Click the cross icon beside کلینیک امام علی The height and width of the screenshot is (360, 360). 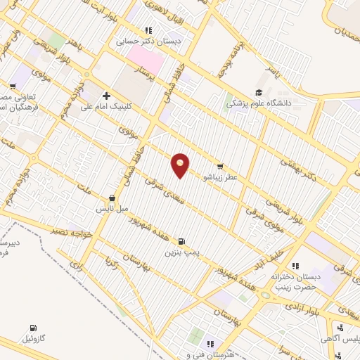pyautogui.click(x=106, y=96)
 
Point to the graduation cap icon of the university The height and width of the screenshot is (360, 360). pyautogui.click(x=259, y=92)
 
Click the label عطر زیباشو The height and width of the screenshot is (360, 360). pyautogui.click(x=222, y=177)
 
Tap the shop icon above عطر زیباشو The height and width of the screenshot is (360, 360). pyautogui.click(x=221, y=167)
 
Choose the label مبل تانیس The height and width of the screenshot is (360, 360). pyautogui.click(x=112, y=209)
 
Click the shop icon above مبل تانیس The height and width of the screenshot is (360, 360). pyautogui.click(x=112, y=199)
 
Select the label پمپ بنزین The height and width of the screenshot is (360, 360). pyautogui.click(x=182, y=250)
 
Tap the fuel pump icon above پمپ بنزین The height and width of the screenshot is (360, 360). pyautogui.click(x=182, y=240)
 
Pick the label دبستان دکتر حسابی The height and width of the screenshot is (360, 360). pyautogui.click(x=148, y=41)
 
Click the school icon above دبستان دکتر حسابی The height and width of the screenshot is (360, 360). pyautogui.click(x=148, y=31)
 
